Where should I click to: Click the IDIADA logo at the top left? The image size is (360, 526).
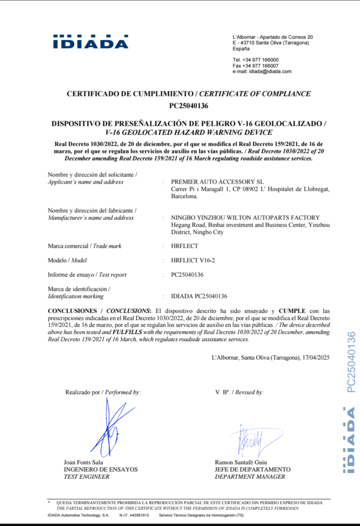(91, 42)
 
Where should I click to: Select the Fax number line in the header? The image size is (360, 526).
(256, 66)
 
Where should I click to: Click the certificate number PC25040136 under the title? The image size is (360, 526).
(189, 106)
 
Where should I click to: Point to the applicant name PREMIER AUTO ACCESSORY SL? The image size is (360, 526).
(217, 182)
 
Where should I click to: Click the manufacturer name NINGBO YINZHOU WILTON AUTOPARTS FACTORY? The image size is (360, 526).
(245, 218)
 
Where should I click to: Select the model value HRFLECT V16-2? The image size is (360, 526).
(193, 260)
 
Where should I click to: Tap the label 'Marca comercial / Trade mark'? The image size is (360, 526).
(84, 246)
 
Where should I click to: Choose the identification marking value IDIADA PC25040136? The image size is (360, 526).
(199, 296)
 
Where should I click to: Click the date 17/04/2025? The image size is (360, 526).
(316, 357)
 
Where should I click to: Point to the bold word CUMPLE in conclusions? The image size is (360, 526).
(292, 311)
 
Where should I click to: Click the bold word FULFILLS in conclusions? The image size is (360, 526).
(127, 332)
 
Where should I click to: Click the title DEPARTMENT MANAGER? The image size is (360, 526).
(250, 477)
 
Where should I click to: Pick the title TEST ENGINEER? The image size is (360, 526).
(86, 477)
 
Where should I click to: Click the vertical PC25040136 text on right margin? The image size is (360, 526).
(351, 362)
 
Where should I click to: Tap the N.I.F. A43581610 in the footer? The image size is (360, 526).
(134, 515)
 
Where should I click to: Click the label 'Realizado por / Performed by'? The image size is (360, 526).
(102, 392)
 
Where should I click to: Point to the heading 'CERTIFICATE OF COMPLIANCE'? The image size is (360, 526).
(255, 94)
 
